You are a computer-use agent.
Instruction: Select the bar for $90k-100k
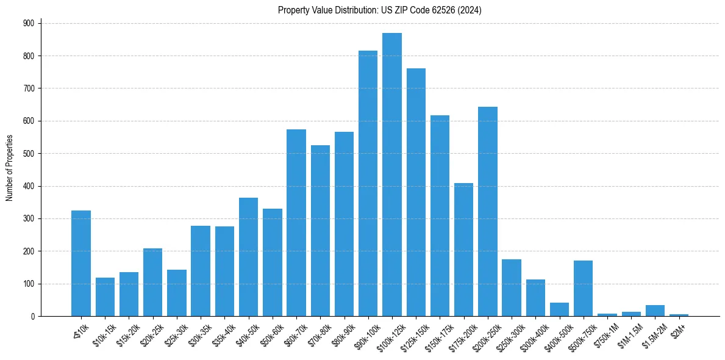click(x=368, y=183)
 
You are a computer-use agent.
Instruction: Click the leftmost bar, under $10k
click(x=81, y=263)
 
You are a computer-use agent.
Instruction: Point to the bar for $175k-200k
click(x=463, y=250)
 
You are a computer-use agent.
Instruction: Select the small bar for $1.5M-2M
click(x=655, y=311)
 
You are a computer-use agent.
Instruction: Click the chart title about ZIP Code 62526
click(x=380, y=10)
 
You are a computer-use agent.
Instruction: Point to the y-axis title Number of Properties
click(x=10, y=168)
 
